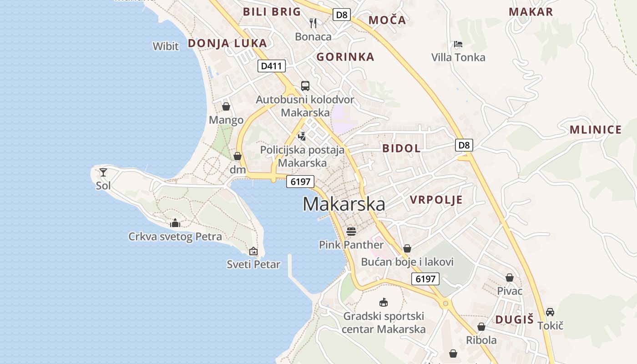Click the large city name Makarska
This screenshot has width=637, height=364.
point(344,204)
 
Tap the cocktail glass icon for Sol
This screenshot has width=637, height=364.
point(103,172)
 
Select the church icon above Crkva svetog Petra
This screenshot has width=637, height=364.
point(175,223)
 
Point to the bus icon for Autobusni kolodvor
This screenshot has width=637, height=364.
point(305,86)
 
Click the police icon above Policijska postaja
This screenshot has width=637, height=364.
point(302,136)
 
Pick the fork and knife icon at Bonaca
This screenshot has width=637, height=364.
point(313,23)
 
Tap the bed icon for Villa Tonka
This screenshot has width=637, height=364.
point(458,44)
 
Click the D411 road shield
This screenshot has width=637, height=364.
point(271,66)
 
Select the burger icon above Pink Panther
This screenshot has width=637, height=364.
point(351,231)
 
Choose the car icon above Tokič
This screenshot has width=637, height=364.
point(550,312)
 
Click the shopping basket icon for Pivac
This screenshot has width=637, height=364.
point(510,278)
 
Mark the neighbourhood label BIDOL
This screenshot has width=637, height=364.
point(401,148)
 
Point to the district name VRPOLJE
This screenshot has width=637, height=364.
point(436,200)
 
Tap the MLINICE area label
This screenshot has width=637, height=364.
point(595,130)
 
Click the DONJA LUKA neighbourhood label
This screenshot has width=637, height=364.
point(227,43)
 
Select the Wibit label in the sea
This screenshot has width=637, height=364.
point(166,46)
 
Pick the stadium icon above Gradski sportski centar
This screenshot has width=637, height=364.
point(384,303)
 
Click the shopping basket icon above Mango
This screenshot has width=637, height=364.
point(226,106)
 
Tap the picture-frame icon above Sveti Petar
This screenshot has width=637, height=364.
point(253,251)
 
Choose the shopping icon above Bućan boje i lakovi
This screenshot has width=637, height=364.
point(407,248)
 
